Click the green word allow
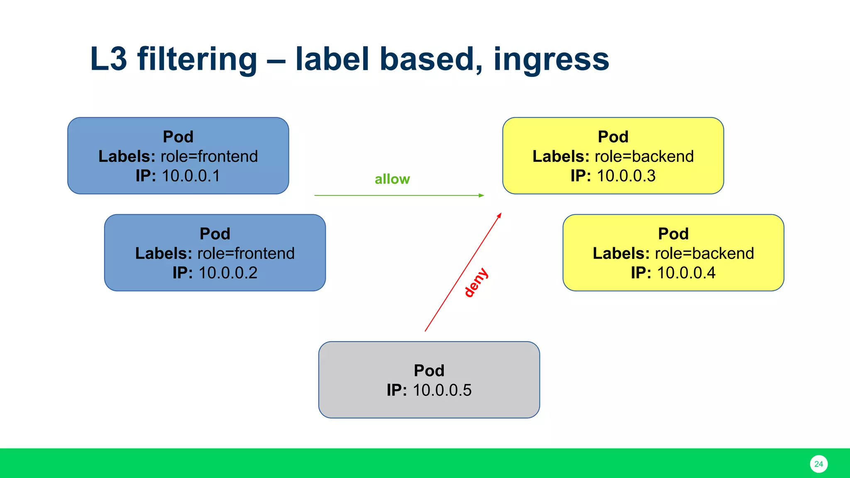point(392,179)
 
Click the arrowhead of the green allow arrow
point(481,195)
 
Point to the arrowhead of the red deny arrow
point(500,215)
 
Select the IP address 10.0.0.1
point(191,176)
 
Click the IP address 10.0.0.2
point(228,273)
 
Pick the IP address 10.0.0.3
point(626,176)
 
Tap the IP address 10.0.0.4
point(686,273)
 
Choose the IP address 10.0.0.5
point(442,390)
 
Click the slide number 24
point(818,464)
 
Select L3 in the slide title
point(108,59)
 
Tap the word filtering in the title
point(197,59)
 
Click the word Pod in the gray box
point(429,371)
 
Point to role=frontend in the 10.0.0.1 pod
point(209,156)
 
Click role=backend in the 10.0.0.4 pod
point(704,254)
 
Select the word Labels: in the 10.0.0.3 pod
point(561,156)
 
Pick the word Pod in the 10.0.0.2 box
point(215,234)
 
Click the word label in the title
point(332,59)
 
